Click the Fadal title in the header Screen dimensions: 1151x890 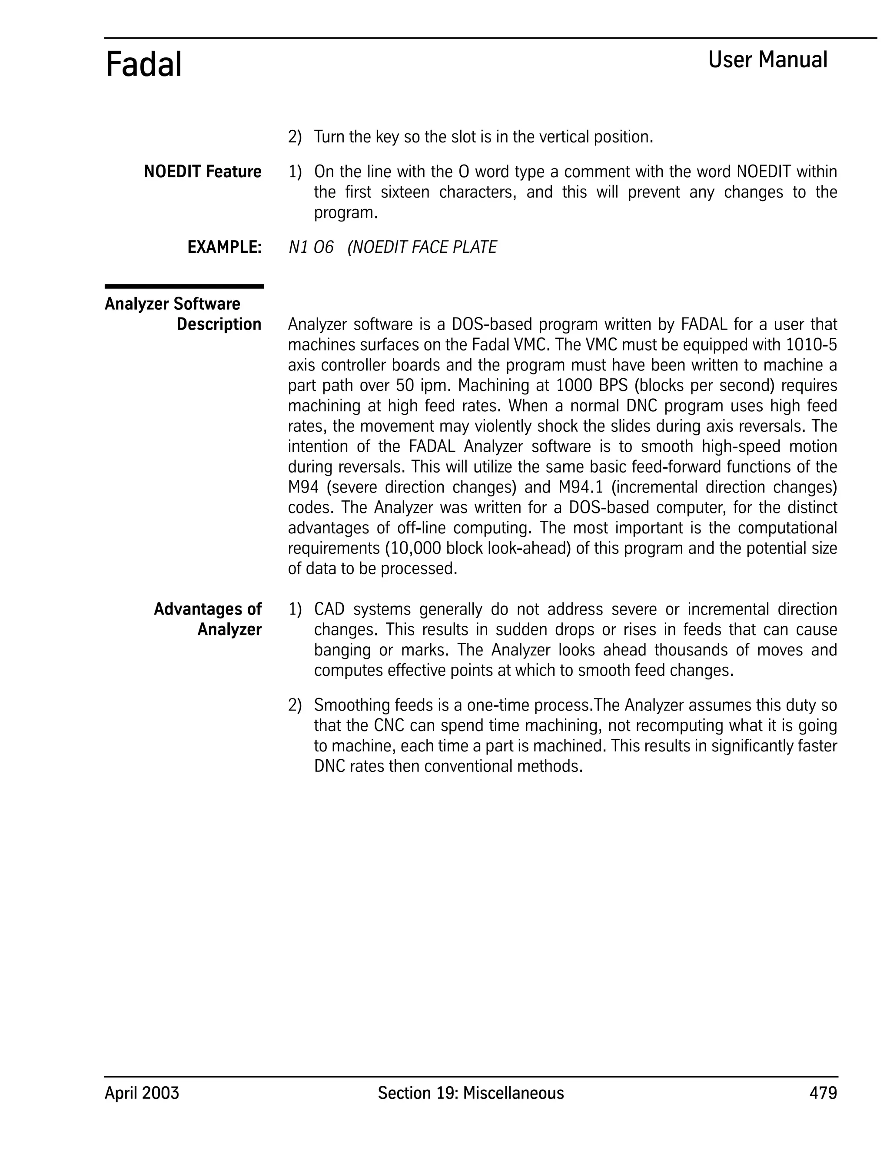pyautogui.click(x=143, y=64)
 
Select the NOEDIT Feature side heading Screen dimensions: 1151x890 pyautogui.click(x=203, y=172)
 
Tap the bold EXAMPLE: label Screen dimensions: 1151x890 pyautogui.click(x=225, y=247)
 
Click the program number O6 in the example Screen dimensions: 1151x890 pyautogui.click(x=323, y=247)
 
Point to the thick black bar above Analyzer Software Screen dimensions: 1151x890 pyautogui.click(x=184, y=287)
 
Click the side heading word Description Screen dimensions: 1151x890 pyautogui.click(x=219, y=324)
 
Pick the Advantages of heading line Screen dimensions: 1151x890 pyautogui.click(x=208, y=609)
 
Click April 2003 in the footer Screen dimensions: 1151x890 pyautogui.click(x=142, y=1093)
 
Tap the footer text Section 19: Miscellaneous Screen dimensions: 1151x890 pyautogui.click(x=470, y=1093)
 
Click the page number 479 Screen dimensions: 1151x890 pyautogui.click(x=823, y=1093)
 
